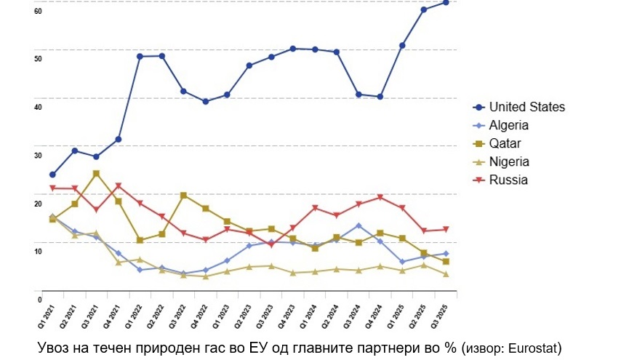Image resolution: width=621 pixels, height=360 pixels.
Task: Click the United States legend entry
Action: pos(526,107)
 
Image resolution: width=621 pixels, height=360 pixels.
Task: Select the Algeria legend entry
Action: pos(508,125)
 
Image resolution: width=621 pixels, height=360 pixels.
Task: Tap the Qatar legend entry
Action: pos(505,143)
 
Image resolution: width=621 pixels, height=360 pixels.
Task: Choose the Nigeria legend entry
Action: pos(508,161)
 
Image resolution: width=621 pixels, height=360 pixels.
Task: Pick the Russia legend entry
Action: pos(508,180)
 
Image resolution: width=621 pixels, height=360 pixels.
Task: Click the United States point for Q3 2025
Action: pos(445,2)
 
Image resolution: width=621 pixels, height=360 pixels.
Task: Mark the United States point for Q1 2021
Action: pos(52,175)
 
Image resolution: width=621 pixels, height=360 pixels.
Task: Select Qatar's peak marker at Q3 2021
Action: pos(96,173)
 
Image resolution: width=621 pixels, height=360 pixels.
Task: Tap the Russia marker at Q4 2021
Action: pos(118,186)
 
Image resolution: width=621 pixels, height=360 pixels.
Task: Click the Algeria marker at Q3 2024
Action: pos(358,225)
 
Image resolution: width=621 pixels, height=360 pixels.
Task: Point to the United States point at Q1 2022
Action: pos(140,56)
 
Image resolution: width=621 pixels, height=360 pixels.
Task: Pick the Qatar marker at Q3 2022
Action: pos(183,195)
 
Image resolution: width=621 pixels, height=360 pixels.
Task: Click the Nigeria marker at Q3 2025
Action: pos(445,274)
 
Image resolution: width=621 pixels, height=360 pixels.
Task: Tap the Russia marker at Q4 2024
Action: pos(380,197)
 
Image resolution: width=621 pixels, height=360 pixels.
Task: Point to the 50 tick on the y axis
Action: pos(38,58)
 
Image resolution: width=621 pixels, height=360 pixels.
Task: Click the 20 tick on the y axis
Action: pos(38,203)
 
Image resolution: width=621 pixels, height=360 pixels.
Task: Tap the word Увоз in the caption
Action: pos(52,348)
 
